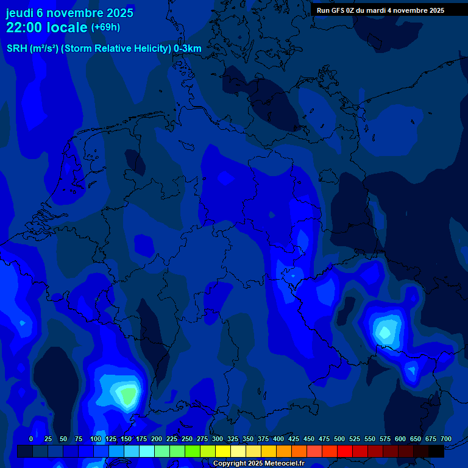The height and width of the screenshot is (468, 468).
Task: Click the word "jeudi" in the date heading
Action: pyautogui.click(x=20, y=13)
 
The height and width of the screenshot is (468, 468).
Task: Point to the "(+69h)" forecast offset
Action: pyautogui.click(x=105, y=27)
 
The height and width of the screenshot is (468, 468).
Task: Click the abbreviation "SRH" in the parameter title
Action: pyautogui.click(x=16, y=48)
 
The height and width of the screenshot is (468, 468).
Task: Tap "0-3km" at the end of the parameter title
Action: pyautogui.click(x=188, y=48)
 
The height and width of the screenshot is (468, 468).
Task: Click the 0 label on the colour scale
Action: pyautogui.click(x=31, y=439)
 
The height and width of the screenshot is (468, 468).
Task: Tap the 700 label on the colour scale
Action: pyautogui.click(x=445, y=439)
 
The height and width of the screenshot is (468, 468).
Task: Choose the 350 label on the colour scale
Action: pyautogui.click(x=248, y=439)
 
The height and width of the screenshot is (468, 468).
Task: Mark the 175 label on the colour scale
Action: pyautogui.click(x=141, y=439)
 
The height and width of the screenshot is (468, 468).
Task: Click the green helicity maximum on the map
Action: pyautogui.click(x=128, y=395)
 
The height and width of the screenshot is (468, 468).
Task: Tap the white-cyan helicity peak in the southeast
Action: pyautogui.click(x=385, y=331)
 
